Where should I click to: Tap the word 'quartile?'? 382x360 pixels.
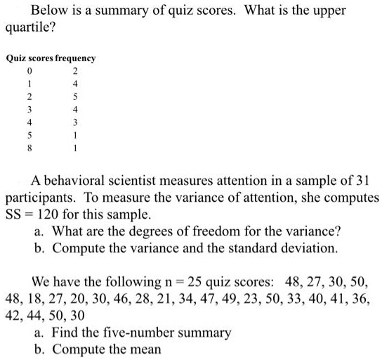point(30,32)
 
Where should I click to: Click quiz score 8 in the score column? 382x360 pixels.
point(29,149)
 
